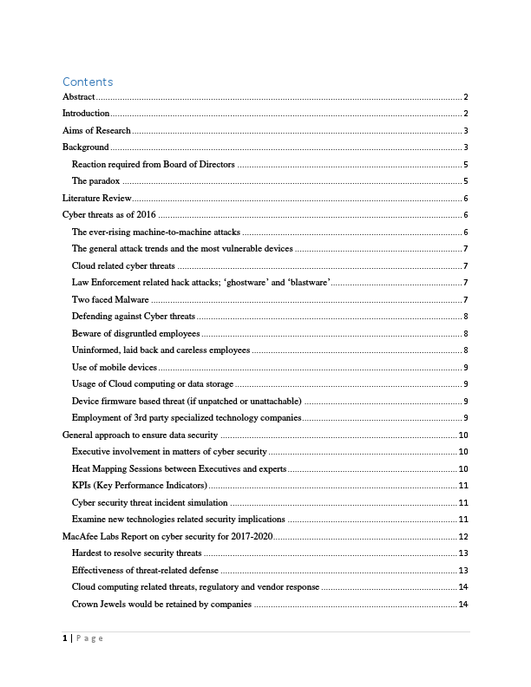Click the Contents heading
[x=88, y=82]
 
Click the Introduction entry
[x=86, y=114]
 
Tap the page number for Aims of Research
[x=466, y=131]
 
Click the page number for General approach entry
[x=463, y=435]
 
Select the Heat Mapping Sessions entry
[x=179, y=468]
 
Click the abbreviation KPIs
[x=84, y=485]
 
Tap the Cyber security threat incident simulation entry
[x=150, y=502]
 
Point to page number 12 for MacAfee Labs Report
[x=463, y=536]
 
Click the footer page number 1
[x=65, y=638]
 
